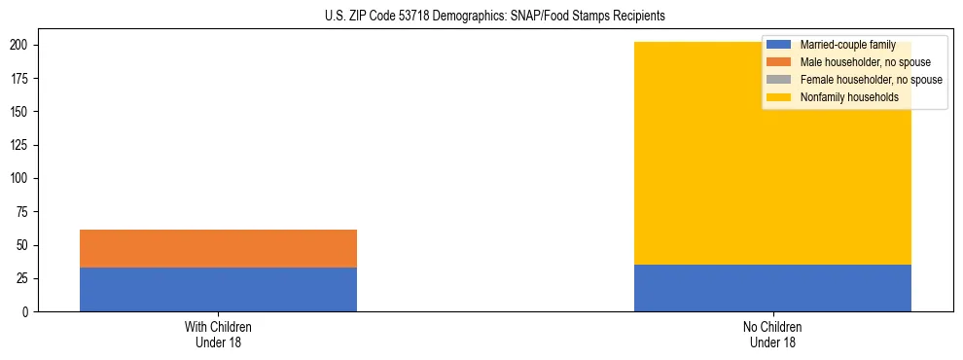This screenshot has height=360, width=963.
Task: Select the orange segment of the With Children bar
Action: [x=218, y=248]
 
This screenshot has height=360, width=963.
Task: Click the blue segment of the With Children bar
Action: [x=218, y=289]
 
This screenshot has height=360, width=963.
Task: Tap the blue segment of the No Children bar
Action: [x=772, y=288]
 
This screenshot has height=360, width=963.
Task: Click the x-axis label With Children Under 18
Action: [x=218, y=334]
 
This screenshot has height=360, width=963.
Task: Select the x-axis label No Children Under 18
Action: [x=772, y=334]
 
